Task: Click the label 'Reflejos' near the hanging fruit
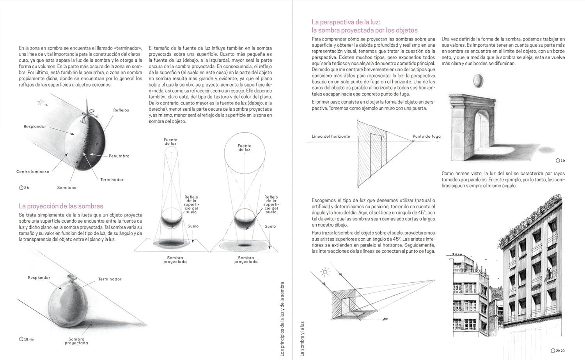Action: pyautogui.click(x=121, y=110)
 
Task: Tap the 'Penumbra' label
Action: pyautogui.click(x=119, y=156)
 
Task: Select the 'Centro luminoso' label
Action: pyautogui.click(x=33, y=172)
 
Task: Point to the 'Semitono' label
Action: pyautogui.click(x=67, y=188)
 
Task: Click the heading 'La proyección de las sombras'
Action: pyautogui.click(x=61, y=206)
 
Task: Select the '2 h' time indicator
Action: pyautogui.click(x=24, y=188)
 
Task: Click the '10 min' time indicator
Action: pyautogui.click(x=27, y=339)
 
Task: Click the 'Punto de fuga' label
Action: pyautogui.click(x=427, y=137)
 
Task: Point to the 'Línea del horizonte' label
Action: pyautogui.click(x=331, y=137)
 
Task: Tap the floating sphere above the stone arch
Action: pyautogui.click(x=477, y=82)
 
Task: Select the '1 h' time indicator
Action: pyautogui.click(x=560, y=160)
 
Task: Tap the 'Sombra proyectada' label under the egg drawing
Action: pyautogui.click(x=76, y=341)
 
